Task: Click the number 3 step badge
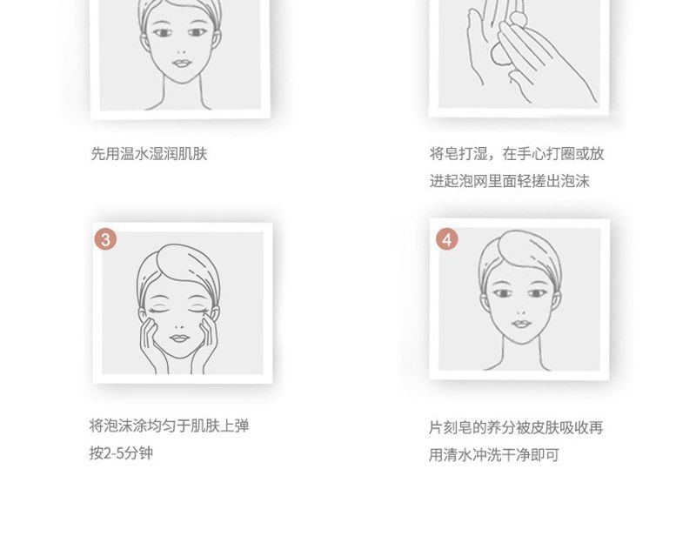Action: pyautogui.click(x=105, y=240)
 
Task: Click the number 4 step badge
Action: pyautogui.click(x=447, y=239)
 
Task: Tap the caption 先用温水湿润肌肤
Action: pyautogui.click(x=149, y=154)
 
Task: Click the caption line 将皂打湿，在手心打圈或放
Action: pyautogui.click(x=517, y=154)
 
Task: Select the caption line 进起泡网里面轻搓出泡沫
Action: pyautogui.click(x=510, y=181)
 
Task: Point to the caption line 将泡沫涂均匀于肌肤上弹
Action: pyautogui.click(x=169, y=425)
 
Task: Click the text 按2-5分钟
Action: pyautogui.click(x=121, y=453)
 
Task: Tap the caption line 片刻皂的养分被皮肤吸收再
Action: pyautogui.click(x=516, y=428)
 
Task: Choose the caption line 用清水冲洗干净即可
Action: pyautogui.click(x=494, y=455)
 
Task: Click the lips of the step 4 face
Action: pyautogui.click(x=521, y=324)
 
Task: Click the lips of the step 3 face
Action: pyautogui.click(x=180, y=338)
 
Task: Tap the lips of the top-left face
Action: pyautogui.click(x=182, y=63)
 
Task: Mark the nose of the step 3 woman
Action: pyautogui.click(x=180, y=325)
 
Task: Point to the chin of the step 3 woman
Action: pyautogui.click(x=180, y=355)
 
